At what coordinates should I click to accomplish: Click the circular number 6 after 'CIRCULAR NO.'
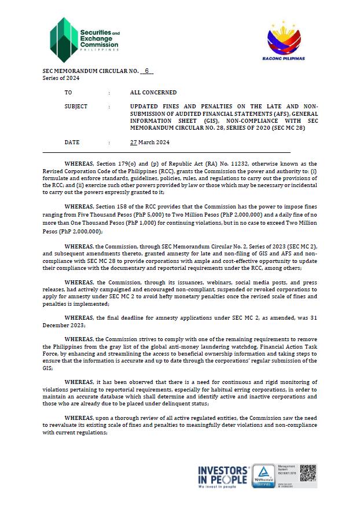click(147, 71)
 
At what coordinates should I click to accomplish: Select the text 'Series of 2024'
click(61, 78)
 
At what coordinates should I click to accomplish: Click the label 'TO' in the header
click(68, 93)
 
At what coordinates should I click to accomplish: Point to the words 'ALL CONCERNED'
click(153, 93)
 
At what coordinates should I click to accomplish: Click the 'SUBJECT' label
click(76, 107)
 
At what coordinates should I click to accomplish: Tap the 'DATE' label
click(72, 142)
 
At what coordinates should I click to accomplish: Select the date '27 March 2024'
click(150, 142)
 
